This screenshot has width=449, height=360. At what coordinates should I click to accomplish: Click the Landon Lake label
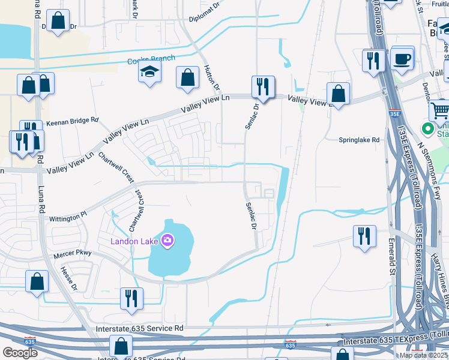click(x=133, y=241)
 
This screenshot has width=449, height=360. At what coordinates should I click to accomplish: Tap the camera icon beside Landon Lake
click(x=167, y=241)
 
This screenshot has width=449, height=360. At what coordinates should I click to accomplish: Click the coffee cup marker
click(x=402, y=59)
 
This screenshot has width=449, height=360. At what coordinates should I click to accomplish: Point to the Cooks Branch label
click(x=151, y=60)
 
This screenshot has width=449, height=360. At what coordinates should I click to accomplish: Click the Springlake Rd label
click(x=359, y=140)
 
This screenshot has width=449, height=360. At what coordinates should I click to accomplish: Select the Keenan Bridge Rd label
click(x=72, y=121)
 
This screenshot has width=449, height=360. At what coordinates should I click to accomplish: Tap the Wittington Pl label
click(x=68, y=212)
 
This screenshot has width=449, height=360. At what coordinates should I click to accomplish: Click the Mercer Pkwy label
click(x=73, y=253)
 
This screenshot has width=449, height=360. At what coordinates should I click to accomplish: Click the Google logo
click(x=20, y=353)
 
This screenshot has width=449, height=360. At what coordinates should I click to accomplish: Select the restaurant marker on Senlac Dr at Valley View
click(x=263, y=88)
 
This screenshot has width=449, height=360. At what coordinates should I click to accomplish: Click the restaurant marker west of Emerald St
click(x=364, y=236)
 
